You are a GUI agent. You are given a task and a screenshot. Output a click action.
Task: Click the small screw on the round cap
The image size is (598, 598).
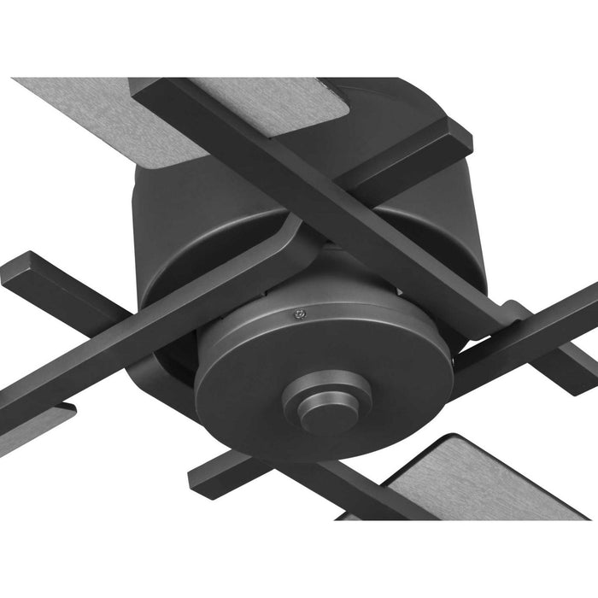click(297, 313)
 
